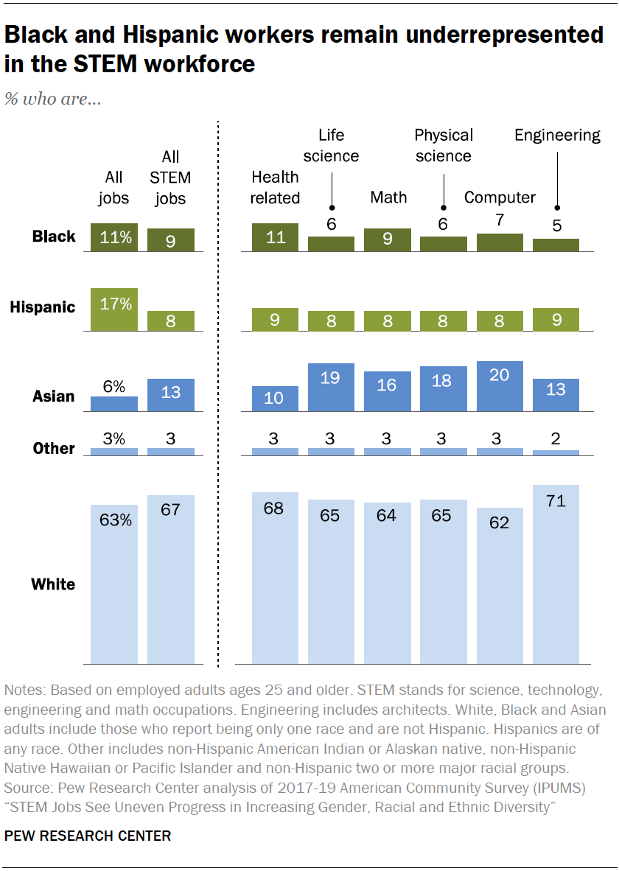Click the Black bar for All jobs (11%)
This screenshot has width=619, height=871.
click(114, 237)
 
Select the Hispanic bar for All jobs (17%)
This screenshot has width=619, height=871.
click(114, 309)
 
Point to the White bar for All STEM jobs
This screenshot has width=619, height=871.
click(170, 579)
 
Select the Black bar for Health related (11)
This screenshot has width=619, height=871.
click(275, 237)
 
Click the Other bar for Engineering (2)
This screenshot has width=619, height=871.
click(556, 452)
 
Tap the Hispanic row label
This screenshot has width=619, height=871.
click(43, 307)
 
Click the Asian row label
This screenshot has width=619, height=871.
click(54, 396)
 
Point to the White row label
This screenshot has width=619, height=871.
click(53, 584)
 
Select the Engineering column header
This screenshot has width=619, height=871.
click(557, 135)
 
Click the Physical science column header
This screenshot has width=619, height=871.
click(443, 145)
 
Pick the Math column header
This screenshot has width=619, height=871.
click(388, 197)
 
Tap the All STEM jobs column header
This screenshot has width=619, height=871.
click(170, 178)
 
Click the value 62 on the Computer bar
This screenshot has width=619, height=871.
click(500, 522)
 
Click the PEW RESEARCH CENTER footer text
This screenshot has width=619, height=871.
click(88, 836)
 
